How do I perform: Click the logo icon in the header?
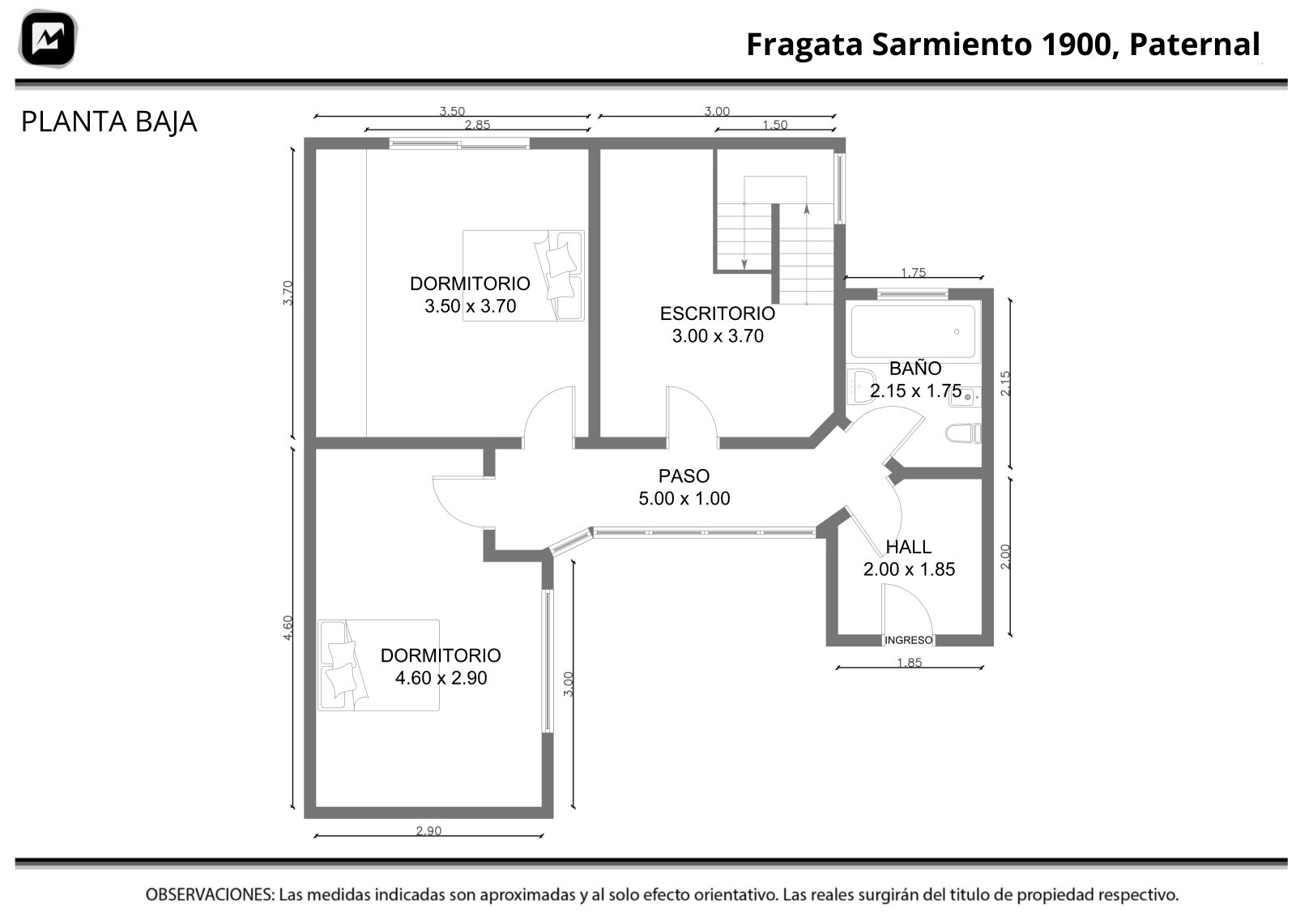tap(49, 38)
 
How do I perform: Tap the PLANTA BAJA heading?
tap(109, 122)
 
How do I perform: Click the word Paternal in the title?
tap(1195, 44)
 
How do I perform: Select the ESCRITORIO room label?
tap(718, 313)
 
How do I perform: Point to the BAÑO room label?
tap(915, 368)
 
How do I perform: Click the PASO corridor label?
tap(684, 476)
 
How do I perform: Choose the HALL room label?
tap(908, 547)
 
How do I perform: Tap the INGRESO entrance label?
tap(908, 640)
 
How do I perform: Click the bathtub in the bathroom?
tap(913, 331)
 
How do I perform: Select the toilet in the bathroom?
tap(963, 433)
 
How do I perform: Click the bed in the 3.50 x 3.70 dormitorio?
tap(523, 275)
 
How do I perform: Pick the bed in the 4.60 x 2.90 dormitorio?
tap(378, 665)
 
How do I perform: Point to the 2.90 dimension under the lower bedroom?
tap(428, 831)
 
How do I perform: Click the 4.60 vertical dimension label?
tap(288, 628)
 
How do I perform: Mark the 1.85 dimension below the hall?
tap(910, 663)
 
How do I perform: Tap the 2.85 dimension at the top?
tap(477, 125)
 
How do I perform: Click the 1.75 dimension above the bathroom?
tap(914, 272)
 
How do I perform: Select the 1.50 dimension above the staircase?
tap(775, 125)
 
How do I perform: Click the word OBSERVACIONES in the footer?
tap(210, 894)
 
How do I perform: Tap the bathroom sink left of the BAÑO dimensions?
tap(862, 386)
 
